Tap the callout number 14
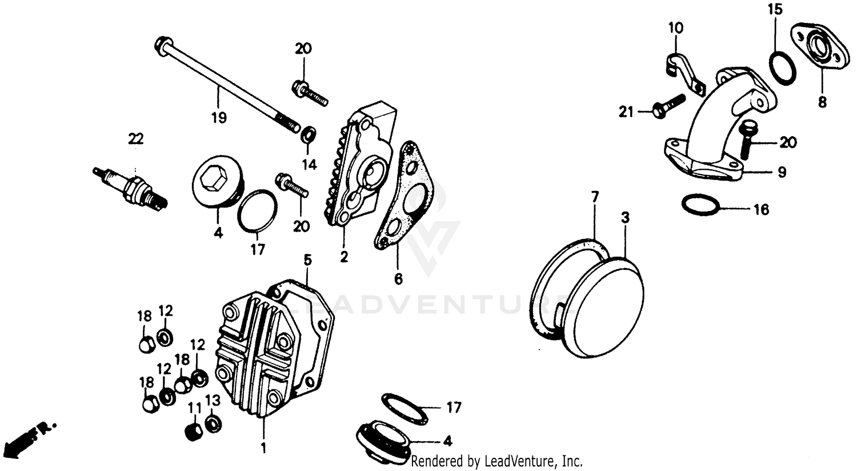click(309, 165)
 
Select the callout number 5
click(307, 261)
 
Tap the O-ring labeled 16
click(700, 205)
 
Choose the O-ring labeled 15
click(780, 68)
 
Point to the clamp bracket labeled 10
click(683, 71)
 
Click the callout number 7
click(595, 198)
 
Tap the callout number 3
click(625, 218)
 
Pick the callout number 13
click(213, 401)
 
